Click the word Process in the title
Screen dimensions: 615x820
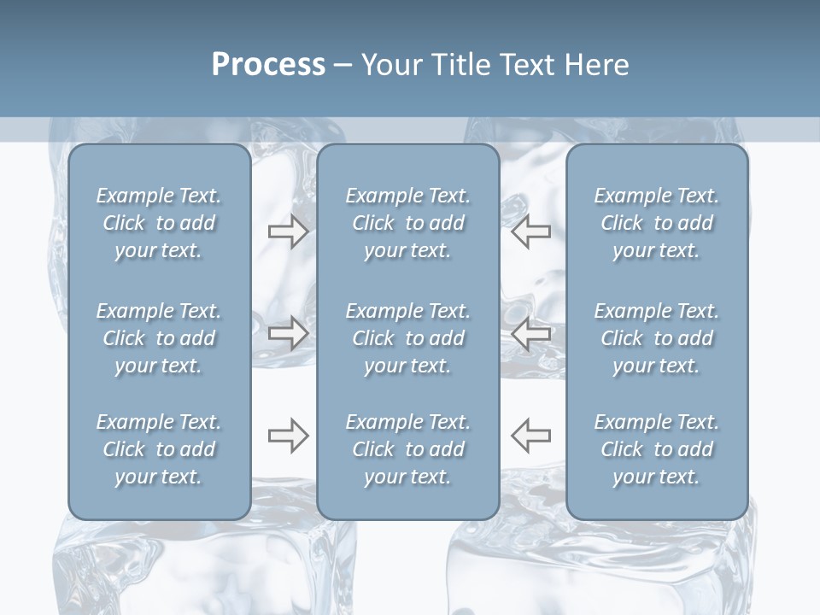coord(268,65)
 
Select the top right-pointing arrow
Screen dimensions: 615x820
coord(288,231)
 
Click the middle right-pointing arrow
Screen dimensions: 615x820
coord(288,334)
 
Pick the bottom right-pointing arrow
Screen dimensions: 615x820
coord(288,436)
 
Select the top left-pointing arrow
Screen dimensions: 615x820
coord(531,231)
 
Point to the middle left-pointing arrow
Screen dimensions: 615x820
coord(531,334)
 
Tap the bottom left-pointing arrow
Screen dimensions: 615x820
coord(531,436)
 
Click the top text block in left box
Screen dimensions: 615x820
coord(159,223)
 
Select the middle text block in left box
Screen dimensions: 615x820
coord(159,338)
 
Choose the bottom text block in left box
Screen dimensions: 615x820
coord(159,449)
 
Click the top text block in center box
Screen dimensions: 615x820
coord(407,223)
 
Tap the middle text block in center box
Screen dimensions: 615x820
coord(407,338)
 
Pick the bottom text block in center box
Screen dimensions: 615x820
coord(407,449)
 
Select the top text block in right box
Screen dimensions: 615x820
coord(657,223)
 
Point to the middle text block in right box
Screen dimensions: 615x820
coord(657,338)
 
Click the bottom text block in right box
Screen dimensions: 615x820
coord(657,449)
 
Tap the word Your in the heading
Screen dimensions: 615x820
coord(389,65)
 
